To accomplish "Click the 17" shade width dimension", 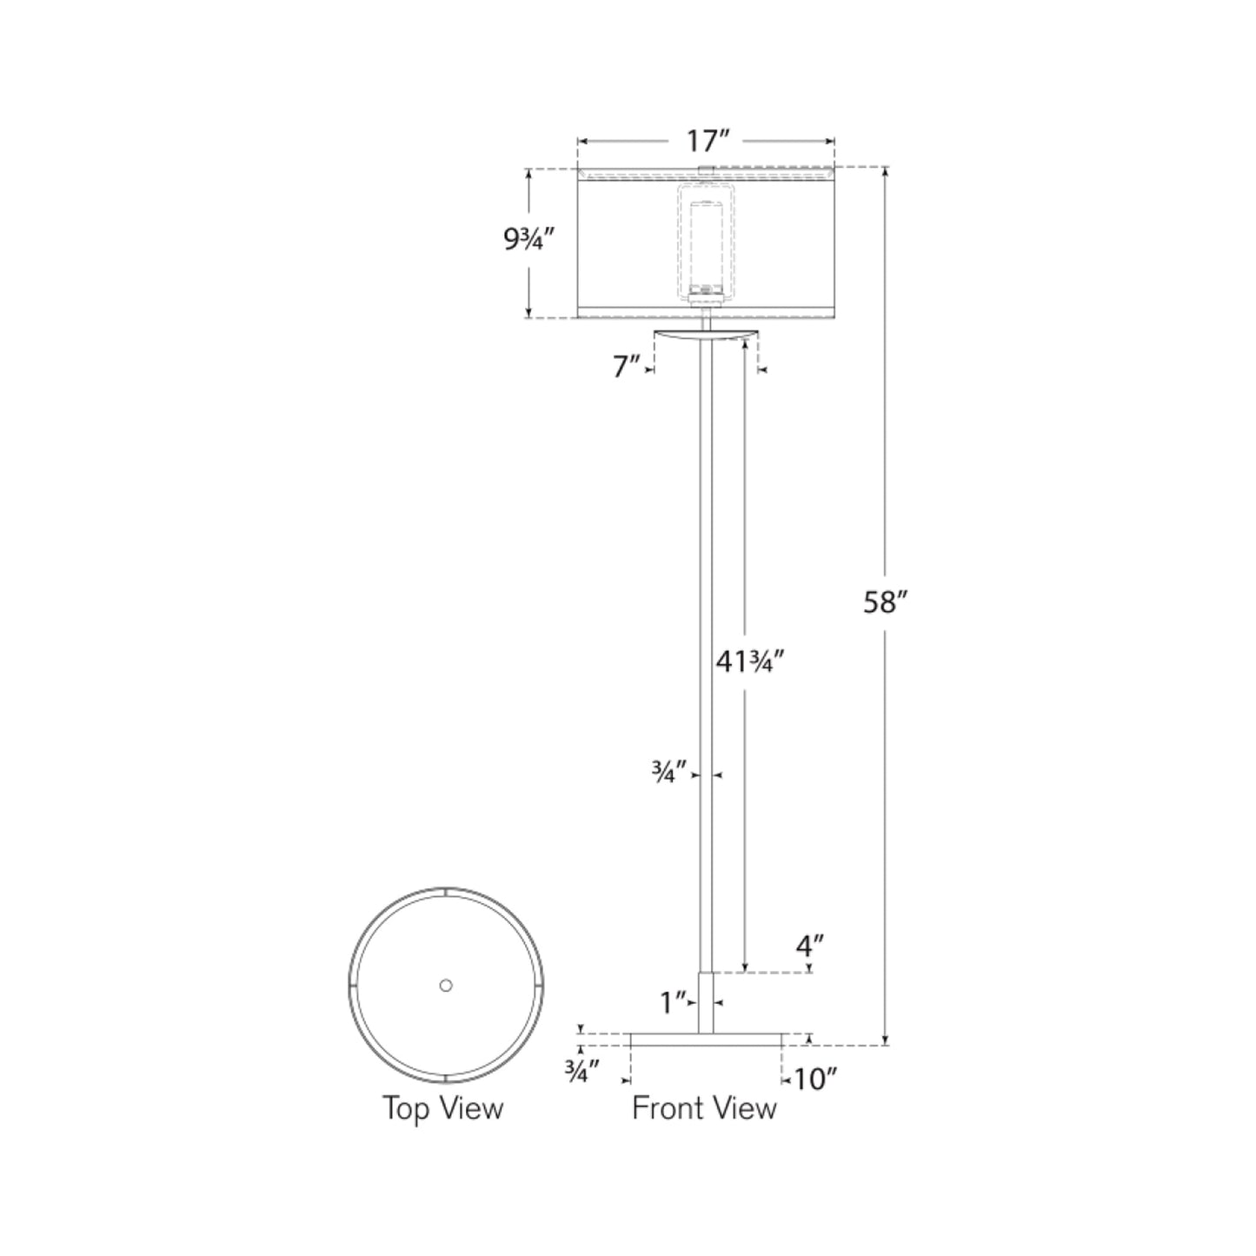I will point(707,140).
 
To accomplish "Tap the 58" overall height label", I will point(885,601).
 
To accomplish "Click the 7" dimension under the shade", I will point(626,368).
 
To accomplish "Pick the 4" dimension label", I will point(809,944).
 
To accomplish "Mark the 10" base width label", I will point(814,1080).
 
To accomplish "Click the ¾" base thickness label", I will point(581,1073).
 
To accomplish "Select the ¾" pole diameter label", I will point(669,771).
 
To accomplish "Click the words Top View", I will point(443,1108).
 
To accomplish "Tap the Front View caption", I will point(704,1108).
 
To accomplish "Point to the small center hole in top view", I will point(446,985).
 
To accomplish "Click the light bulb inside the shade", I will point(706,248).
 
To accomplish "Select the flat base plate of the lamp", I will point(706,1039).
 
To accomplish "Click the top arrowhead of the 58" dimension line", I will point(885,171).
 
